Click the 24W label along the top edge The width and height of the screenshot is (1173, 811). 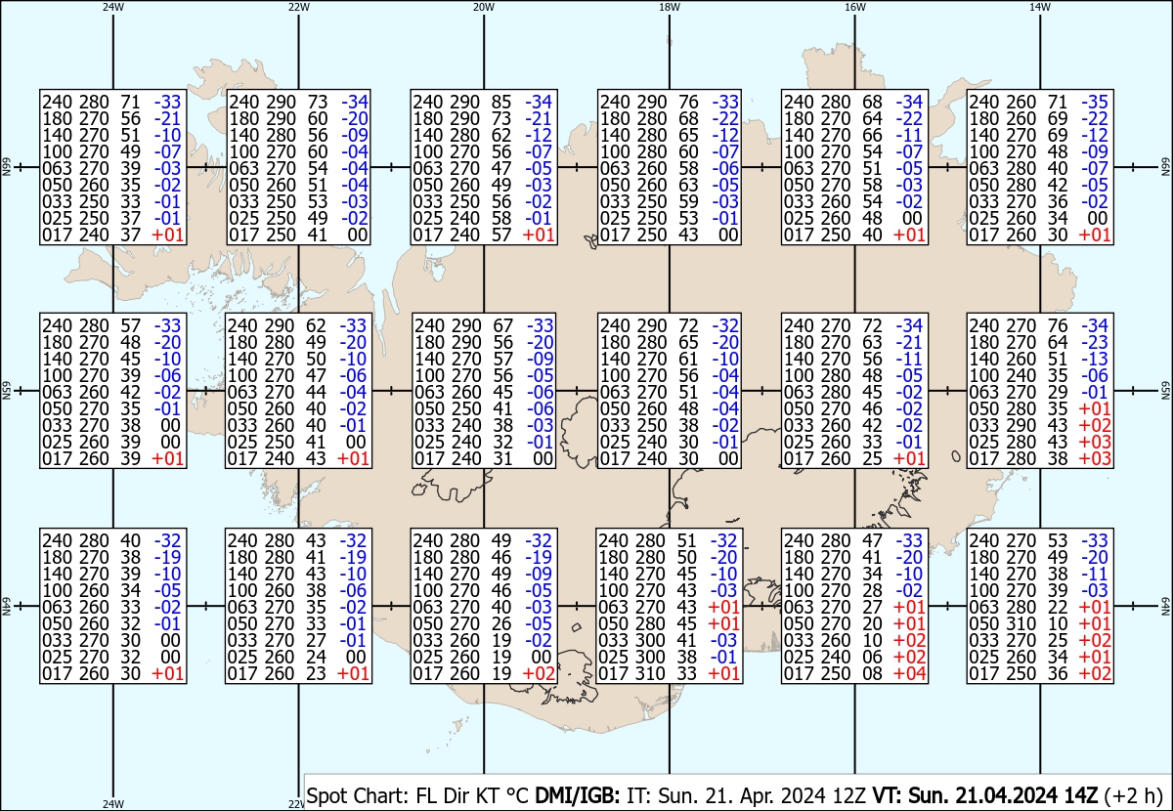(x=113, y=7)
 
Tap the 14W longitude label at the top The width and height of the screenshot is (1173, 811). (x=1040, y=7)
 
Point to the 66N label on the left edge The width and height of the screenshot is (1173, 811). (x=6, y=167)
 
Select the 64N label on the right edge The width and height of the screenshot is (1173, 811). (x=1165, y=606)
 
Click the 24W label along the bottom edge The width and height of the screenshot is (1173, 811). (x=113, y=803)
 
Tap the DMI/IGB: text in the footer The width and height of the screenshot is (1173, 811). (x=577, y=795)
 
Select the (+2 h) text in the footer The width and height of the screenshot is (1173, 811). (x=1133, y=795)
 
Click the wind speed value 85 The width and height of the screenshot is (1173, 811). (x=501, y=102)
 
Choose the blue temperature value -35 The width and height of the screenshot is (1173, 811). (x=1095, y=102)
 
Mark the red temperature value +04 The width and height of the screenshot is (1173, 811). (x=910, y=674)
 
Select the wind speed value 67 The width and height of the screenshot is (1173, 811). (x=502, y=325)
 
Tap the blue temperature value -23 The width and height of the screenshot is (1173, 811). (x=1095, y=342)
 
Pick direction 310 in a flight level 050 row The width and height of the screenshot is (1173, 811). (x=1021, y=624)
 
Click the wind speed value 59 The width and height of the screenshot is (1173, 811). (x=688, y=201)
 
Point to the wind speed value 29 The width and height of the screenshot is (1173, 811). (x=1058, y=392)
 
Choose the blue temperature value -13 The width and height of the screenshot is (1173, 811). (x=1095, y=360)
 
